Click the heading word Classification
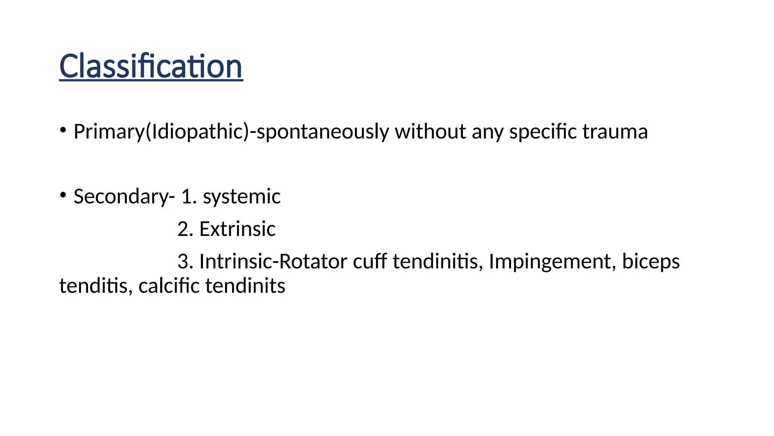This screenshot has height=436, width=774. pos(151,66)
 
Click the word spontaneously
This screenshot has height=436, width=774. pos(323,132)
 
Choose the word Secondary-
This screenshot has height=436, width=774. pos(124,197)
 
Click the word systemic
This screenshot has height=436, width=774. pos(241,197)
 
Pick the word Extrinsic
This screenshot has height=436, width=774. pos(237,229)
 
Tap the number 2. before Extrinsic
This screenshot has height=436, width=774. pos(185,229)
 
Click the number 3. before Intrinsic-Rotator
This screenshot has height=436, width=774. pos(185,262)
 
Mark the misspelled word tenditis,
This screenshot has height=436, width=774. pos(96,286)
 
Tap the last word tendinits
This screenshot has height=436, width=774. pos(245,286)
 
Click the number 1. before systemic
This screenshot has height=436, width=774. pos(189,197)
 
